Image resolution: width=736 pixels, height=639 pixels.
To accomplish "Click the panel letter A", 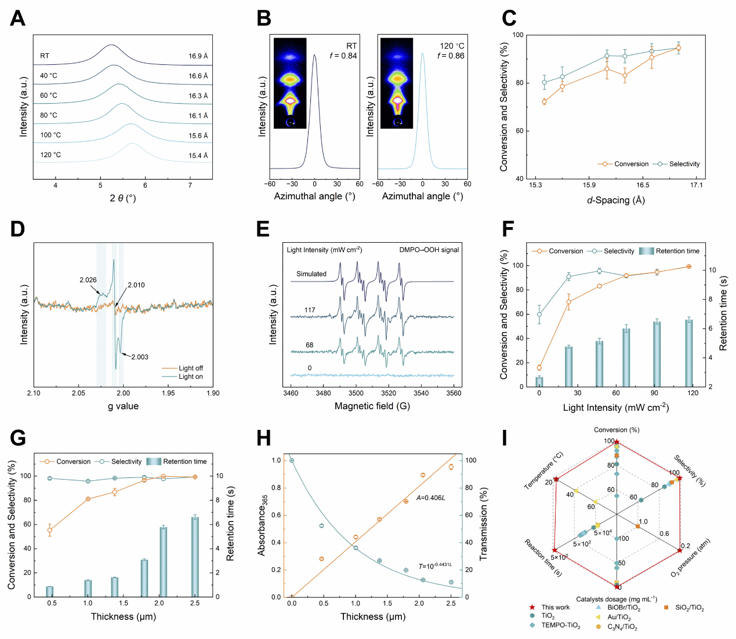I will (x=18, y=19).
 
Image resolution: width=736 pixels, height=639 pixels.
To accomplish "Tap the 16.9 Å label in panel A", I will (x=198, y=56).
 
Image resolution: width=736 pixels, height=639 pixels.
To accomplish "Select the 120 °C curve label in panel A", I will (x=50, y=155).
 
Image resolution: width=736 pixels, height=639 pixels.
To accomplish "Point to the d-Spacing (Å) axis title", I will (x=615, y=200).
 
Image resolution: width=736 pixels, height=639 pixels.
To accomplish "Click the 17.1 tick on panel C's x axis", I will (x=696, y=185).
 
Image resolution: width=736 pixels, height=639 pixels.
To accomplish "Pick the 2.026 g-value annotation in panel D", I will (x=88, y=280).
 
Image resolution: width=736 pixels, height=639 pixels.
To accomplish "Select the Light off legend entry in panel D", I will (x=190, y=368).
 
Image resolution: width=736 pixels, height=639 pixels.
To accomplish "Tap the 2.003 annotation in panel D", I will (x=140, y=357).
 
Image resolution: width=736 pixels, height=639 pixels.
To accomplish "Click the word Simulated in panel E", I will (x=311, y=274).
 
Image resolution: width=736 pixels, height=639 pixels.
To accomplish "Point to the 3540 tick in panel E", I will (x=421, y=393).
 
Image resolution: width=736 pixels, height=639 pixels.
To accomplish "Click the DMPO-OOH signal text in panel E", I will (x=429, y=250).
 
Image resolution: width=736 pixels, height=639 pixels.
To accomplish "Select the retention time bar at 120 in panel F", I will (x=689, y=353).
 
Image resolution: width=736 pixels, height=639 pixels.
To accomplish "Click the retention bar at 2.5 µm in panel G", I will (x=195, y=556).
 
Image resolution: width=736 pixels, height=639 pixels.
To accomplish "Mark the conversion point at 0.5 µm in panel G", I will (x=50, y=530).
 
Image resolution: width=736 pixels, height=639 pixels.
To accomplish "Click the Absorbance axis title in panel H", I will (x=262, y=525).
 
